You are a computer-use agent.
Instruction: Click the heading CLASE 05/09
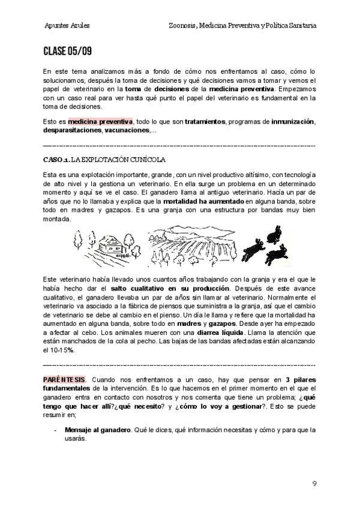coord(67,51)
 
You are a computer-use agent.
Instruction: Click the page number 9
coord(314,483)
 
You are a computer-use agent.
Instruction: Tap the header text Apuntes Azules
coord(67,26)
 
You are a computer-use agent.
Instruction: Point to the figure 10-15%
coord(62,351)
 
